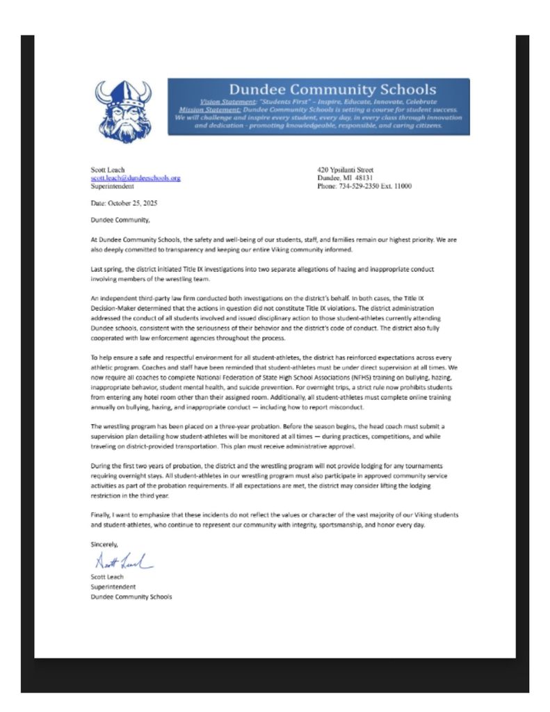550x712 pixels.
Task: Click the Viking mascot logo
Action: (x=123, y=111)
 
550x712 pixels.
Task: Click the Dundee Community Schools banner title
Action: (x=332, y=89)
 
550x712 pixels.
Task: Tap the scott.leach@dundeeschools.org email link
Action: (x=136, y=178)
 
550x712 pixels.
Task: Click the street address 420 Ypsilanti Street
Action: (x=345, y=170)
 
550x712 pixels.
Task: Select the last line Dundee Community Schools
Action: (x=131, y=596)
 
